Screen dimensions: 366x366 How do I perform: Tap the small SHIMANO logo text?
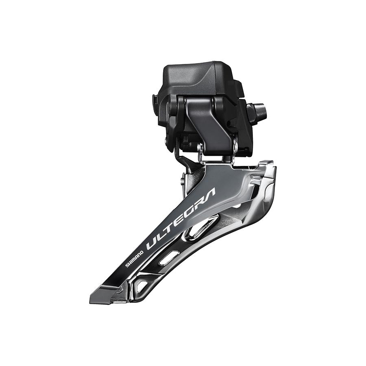[x=134, y=258]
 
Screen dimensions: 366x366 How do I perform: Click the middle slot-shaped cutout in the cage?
[x=169, y=258]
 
